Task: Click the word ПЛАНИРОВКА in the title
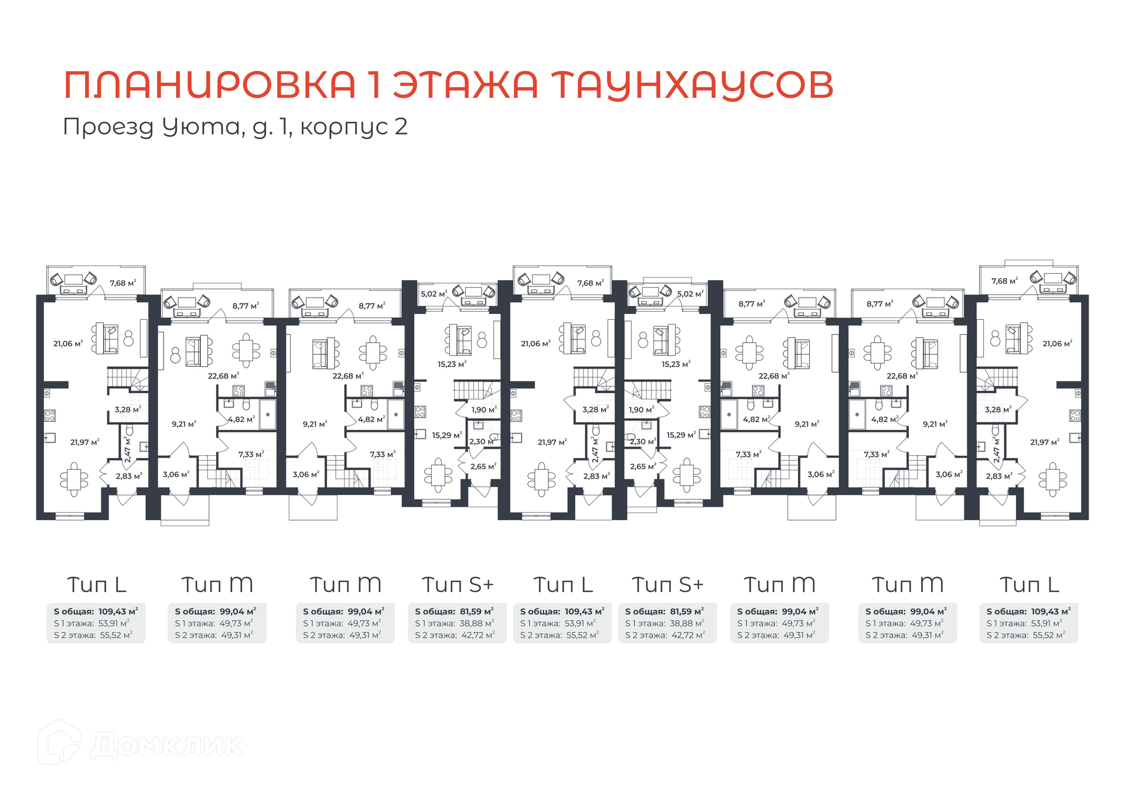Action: click(x=210, y=84)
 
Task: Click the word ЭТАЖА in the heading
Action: click(x=465, y=84)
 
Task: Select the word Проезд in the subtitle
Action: click(x=108, y=127)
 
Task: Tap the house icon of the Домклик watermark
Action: click(x=60, y=742)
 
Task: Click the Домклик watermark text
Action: click(x=166, y=746)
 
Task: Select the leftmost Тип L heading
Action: click(x=97, y=585)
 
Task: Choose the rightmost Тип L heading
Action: click(x=1029, y=585)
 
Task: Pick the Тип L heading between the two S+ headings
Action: click(x=563, y=585)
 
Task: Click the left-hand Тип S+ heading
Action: click(x=458, y=585)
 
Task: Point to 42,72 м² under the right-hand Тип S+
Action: click(x=688, y=635)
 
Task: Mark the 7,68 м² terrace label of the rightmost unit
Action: click(x=1004, y=281)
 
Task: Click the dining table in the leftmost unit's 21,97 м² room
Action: click(x=74, y=479)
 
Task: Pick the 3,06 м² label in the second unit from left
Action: click(x=176, y=475)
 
